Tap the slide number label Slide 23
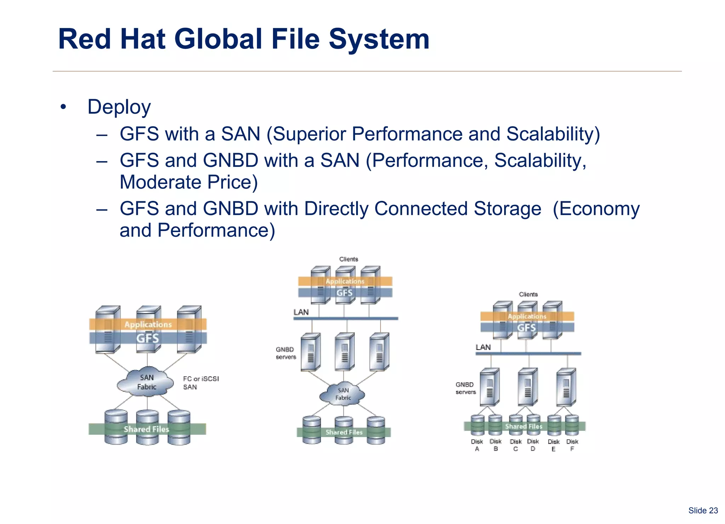pyautogui.click(x=703, y=511)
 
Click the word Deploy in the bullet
pyautogui.click(x=119, y=107)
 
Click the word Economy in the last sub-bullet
pyautogui.click(x=596, y=209)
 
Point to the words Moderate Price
pyautogui.click(x=188, y=182)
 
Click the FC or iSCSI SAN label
pyautogui.click(x=200, y=383)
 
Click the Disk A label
pyautogui.click(x=477, y=445)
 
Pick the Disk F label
pyautogui.click(x=572, y=445)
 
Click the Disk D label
pyautogui.click(x=533, y=445)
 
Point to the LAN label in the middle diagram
pyautogui.click(x=301, y=312)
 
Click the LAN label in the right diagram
pyautogui.click(x=483, y=347)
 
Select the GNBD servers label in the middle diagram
pyautogui.click(x=286, y=353)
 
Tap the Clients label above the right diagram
pyautogui.click(x=528, y=294)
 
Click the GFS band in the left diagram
pyautogui.click(x=148, y=338)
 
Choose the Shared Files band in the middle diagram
pyautogui.click(x=343, y=432)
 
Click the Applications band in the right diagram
pyautogui.click(x=527, y=316)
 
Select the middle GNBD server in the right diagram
pyautogui.click(x=527, y=387)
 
